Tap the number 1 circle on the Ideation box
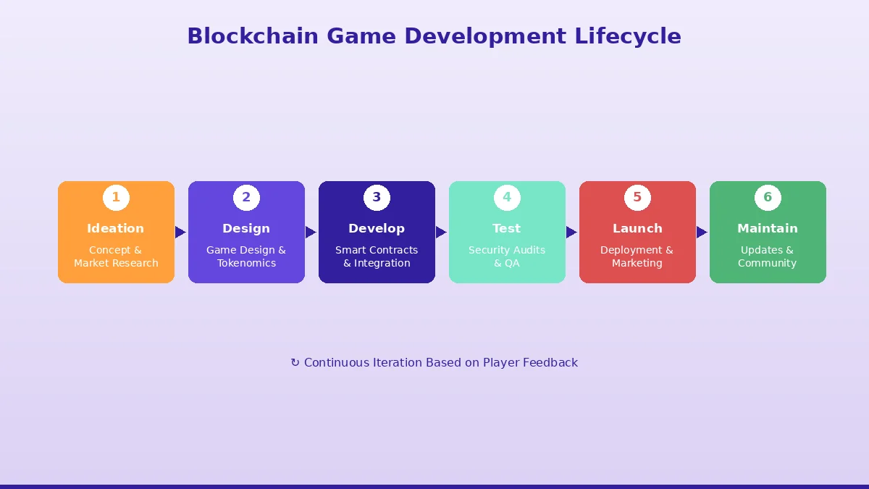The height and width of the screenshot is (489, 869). point(116,197)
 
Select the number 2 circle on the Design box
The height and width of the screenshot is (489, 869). point(246,197)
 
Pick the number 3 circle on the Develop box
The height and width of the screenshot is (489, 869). point(377,197)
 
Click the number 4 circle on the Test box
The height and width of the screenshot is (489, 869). point(507,197)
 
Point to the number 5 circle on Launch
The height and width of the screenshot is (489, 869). point(637,197)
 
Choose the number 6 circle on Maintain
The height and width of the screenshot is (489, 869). point(768,197)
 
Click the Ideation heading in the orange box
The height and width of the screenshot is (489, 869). point(116,228)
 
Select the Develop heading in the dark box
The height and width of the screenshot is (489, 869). point(377,228)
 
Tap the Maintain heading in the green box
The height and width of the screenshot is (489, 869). point(768,228)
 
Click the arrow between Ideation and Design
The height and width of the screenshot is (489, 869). point(180,232)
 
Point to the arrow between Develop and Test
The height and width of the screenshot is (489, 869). point(441,232)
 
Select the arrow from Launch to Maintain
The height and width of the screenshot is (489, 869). point(702,232)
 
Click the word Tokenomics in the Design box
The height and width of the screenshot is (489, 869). point(246,263)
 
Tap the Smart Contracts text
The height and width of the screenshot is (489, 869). point(377,250)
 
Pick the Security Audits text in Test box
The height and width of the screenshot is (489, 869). point(507,250)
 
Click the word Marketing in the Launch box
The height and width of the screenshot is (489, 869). point(637,263)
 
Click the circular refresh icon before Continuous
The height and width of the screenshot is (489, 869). point(295,363)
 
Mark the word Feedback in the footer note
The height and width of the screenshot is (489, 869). point(550,362)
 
